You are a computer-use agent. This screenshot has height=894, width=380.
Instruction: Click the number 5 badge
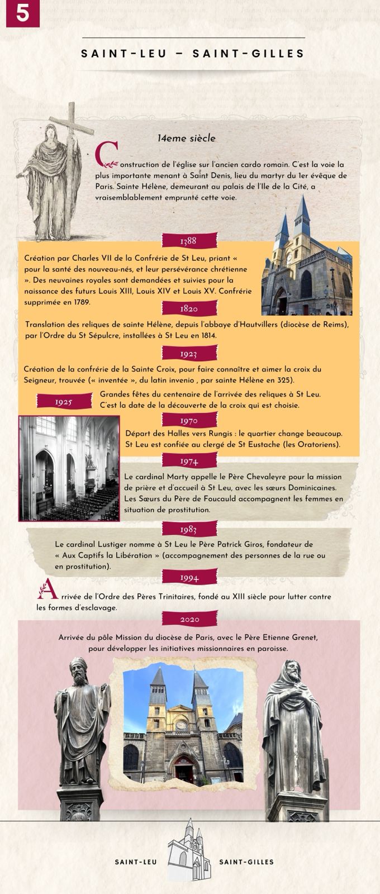23,13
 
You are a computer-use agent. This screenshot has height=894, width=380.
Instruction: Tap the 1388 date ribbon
189,241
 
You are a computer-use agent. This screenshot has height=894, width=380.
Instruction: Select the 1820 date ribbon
189,309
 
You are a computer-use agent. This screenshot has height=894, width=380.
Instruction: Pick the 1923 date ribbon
189,354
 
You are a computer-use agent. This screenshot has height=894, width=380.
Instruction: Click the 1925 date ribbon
64,402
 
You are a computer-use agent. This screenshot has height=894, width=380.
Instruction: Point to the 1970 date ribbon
189,421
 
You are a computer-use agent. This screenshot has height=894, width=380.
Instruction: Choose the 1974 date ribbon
189,461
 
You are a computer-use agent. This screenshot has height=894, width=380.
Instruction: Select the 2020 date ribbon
189,619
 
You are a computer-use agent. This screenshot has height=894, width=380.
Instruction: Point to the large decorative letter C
106,155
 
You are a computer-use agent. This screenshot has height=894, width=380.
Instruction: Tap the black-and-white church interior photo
69,468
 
